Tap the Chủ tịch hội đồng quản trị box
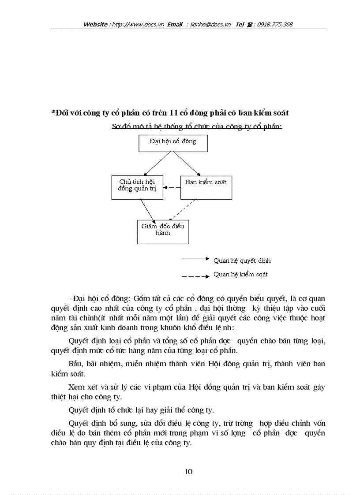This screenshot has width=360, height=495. pos(137,186)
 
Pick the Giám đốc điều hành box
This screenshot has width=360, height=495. pos(163,231)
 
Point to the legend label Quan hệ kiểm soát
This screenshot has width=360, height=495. pos(240,274)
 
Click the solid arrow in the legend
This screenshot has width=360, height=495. pos(195,259)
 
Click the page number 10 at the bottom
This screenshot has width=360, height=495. pos(188,472)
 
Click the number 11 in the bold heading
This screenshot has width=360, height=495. pos(176,113)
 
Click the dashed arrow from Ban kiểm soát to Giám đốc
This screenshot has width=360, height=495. pos(182,210)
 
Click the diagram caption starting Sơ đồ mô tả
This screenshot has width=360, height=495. pos(197,127)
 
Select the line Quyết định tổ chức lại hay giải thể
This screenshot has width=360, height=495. pos(142,410)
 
